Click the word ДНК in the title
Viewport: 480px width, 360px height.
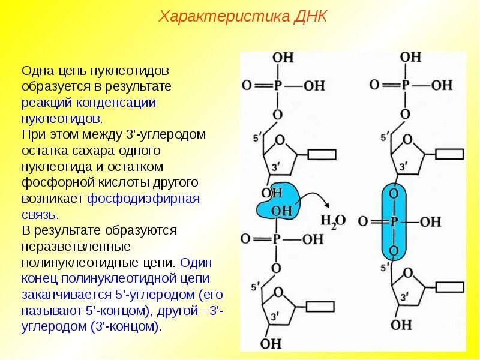[x=310, y=16]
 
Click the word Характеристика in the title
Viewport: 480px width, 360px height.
[x=224, y=16]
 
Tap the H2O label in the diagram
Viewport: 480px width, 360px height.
[x=332, y=221]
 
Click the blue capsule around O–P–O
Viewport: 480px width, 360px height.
[x=394, y=221]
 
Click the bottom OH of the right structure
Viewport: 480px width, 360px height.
[x=401, y=325]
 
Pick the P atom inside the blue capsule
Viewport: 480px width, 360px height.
[x=394, y=221]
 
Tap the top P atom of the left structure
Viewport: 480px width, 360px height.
[x=277, y=86]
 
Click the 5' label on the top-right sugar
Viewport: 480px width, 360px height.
[x=384, y=138]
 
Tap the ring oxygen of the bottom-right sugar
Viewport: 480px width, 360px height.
[x=408, y=273]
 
